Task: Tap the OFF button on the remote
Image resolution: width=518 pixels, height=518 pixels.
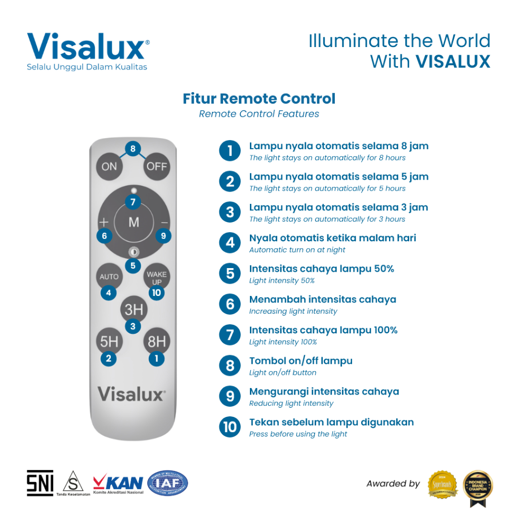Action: [156, 166]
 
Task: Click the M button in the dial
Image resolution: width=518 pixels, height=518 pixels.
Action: [134, 222]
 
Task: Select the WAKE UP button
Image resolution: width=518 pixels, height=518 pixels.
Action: [156, 277]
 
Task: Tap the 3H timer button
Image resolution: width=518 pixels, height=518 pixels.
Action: [134, 309]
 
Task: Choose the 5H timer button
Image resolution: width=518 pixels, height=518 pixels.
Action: [109, 341]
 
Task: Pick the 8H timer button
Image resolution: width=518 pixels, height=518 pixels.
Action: [156, 341]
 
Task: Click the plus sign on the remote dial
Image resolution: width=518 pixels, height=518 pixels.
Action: [104, 222]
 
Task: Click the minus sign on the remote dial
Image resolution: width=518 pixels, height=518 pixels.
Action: [163, 222]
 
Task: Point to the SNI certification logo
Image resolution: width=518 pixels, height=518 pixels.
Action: [40, 483]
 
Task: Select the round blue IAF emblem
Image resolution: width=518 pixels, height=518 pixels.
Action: [167, 483]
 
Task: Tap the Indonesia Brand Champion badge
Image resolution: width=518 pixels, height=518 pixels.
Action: [478, 487]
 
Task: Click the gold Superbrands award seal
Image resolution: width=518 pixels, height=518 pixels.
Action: [443, 484]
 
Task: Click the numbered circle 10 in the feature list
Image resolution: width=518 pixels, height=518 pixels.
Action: [230, 427]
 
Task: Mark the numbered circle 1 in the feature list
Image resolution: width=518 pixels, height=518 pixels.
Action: [230, 151]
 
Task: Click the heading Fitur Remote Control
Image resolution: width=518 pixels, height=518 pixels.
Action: [259, 99]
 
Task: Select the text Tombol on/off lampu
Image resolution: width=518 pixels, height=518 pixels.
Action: [301, 361]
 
